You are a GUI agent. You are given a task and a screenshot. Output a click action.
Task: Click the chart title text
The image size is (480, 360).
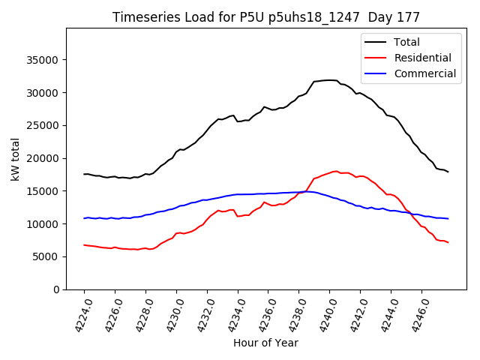[x=266, y=17]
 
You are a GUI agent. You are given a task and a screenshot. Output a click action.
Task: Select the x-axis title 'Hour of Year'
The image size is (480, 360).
[x=265, y=343]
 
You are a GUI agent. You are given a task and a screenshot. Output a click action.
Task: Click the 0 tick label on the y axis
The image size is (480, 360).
[x=56, y=289]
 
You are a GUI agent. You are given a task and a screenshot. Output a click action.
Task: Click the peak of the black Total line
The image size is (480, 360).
[x=330, y=79]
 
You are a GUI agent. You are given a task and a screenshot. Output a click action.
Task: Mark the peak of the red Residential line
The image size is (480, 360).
[x=335, y=171]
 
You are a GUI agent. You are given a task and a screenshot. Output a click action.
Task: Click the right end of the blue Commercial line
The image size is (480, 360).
[x=448, y=219]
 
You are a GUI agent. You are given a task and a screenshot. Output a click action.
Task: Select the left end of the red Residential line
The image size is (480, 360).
[x=84, y=244]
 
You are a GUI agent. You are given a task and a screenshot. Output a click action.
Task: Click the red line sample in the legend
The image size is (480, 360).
[x=376, y=58]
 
